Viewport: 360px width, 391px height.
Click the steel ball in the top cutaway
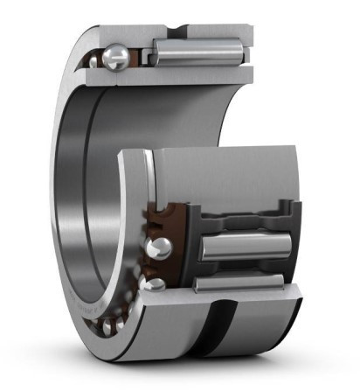115,58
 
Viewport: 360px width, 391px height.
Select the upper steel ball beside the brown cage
157,248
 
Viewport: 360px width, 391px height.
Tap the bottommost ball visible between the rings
107,326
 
